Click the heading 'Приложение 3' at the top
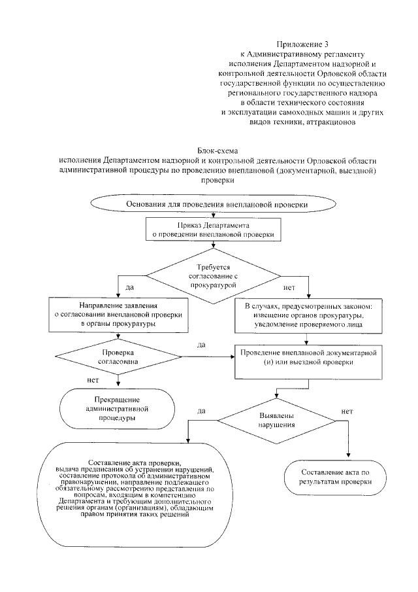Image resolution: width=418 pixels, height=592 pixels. [x=304, y=42]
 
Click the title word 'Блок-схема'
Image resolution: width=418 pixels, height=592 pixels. [x=217, y=150]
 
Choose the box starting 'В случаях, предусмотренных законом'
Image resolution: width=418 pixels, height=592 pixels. [x=304, y=315]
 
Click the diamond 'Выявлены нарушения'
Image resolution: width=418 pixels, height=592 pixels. [x=277, y=419]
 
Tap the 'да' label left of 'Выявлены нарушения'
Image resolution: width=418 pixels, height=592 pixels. [x=202, y=411]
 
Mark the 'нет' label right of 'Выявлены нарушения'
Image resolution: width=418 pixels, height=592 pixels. [x=347, y=411]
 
